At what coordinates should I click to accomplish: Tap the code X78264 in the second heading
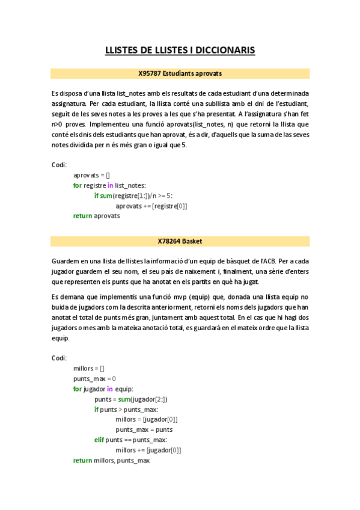[x=169, y=241]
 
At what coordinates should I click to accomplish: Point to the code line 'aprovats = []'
[x=91, y=175]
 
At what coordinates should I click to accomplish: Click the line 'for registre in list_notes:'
[x=109, y=185]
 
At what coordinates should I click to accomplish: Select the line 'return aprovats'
[x=96, y=216]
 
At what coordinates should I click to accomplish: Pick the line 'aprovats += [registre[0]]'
[x=151, y=206]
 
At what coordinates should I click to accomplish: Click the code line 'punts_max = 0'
[x=94, y=378]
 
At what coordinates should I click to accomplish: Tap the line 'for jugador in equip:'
[x=103, y=389]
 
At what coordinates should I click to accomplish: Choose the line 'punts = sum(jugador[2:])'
[x=130, y=399]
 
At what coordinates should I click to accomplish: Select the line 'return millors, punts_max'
[x=111, y=460]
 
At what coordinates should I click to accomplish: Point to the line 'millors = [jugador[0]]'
[x=147, y=419]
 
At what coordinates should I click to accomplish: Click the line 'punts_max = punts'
[x=144, y=429]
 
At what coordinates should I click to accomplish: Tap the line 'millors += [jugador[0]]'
[x=148, y=450]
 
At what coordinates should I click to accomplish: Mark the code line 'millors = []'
[x=89, y=368]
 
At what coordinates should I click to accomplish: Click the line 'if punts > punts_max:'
[x=127, y=409]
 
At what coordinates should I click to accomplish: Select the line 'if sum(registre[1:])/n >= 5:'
[x=133, y=195]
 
